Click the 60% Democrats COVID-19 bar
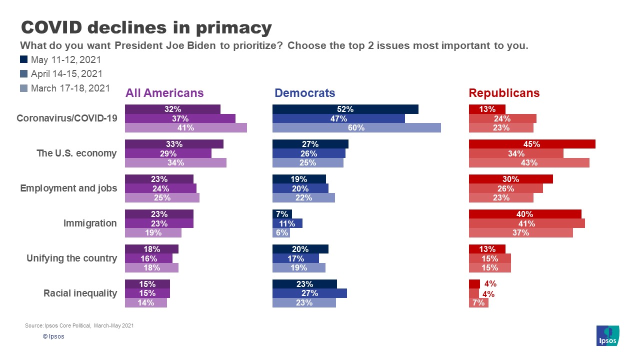pyautogui.click(x=356, y=127)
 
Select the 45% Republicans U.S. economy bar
pyautogui.click(x=532, y=144)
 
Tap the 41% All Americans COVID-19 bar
pyautogui.click(x=185, y=127)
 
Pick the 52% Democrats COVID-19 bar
pyautogui.click(x=345, y=109)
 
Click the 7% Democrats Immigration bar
pyautogui.click(x=282, y=214)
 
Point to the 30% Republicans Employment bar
pyautogui.click(x=510, y=179)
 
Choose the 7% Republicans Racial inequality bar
pyautogui.click(x=478, y=302)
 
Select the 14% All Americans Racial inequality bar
pyautogui.click(x=145, y=302)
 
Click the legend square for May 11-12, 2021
pyautogui.click(x=23, y=60)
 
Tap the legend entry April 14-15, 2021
pyautogui.click(x=66, y=74)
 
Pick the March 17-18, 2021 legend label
pyautogui.click(x=70, y=88)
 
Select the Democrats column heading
pyautogui.click(x=304, y=93)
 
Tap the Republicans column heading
pyautogui.click(x=504, y=93)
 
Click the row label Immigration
pyautogui.click(x=90, y=223)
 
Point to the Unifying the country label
pyautogui.click(x=71, y=258)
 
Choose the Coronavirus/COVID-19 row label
pyautogui.click(x=66, y=118)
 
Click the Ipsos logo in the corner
pyautogui.click(x=608, y=335)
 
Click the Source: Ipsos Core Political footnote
pyautogui.click(x=79, y=325)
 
